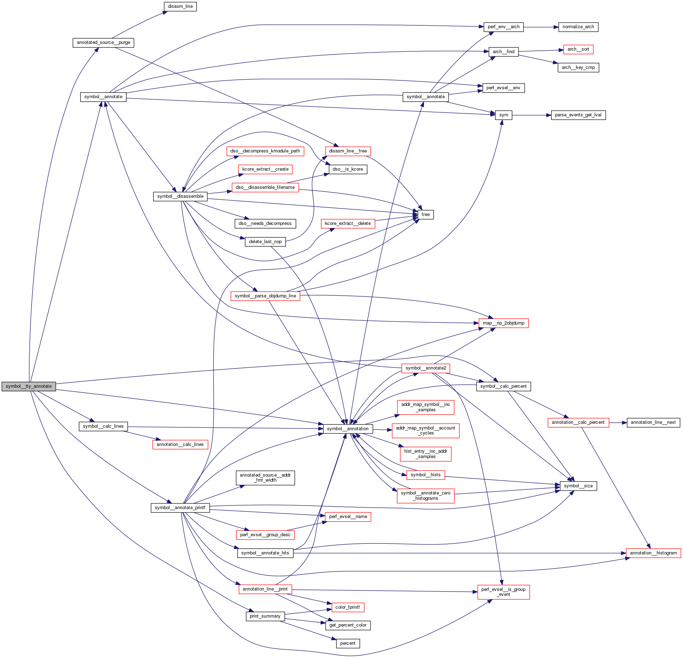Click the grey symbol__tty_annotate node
pos(29,386)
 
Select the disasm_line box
pos(180,6)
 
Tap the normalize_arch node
pos(578,27)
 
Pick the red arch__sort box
pos(578,49)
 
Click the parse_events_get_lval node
pos(578,115)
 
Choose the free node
pos(425,215)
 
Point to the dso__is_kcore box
pos(348,169)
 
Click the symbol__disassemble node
pos(180,196)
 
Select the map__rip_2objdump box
pos(503,323)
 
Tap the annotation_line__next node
pos(653,422)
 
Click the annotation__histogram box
pos(653,553)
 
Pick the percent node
pos(348,643)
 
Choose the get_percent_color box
pos(348,625)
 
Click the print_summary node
pos(265,616)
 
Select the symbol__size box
pos(578,486)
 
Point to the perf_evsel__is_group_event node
pos(503,592)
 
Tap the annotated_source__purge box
pos(103,42)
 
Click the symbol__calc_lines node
pos(103,426)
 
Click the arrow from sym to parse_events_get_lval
pos(531,115)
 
